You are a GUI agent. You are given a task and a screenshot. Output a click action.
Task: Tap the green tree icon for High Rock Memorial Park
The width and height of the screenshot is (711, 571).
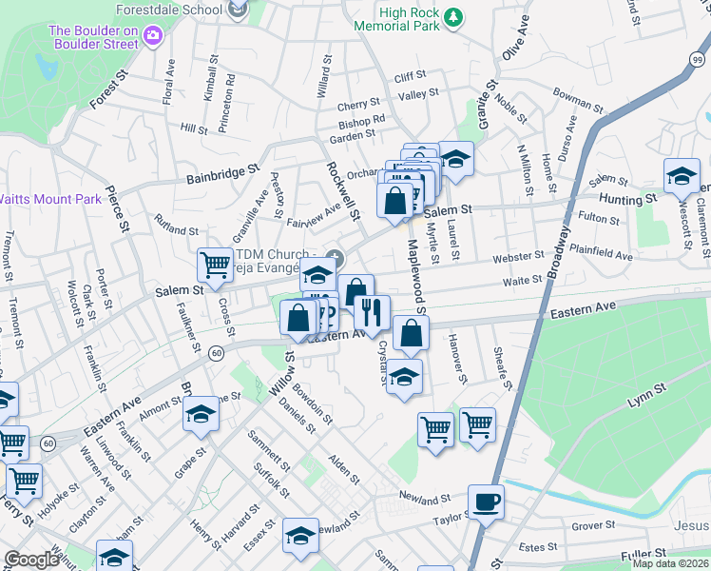tap(455, 17)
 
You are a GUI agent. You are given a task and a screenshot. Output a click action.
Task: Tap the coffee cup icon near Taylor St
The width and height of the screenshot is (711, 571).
tap(486, 501)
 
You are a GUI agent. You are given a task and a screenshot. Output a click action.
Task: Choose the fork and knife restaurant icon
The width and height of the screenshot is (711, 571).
tap(372, 310)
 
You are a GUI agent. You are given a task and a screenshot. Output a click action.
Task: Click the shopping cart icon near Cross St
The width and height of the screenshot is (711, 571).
tap(215, 263)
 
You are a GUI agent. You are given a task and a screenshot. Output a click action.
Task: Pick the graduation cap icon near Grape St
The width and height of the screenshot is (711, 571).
tap(201, 413)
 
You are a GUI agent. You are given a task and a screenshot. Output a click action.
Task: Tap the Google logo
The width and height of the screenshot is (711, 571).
tap(30, 560)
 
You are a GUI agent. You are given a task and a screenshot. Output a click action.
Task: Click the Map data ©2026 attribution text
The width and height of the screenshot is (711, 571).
tap(670, 563)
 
